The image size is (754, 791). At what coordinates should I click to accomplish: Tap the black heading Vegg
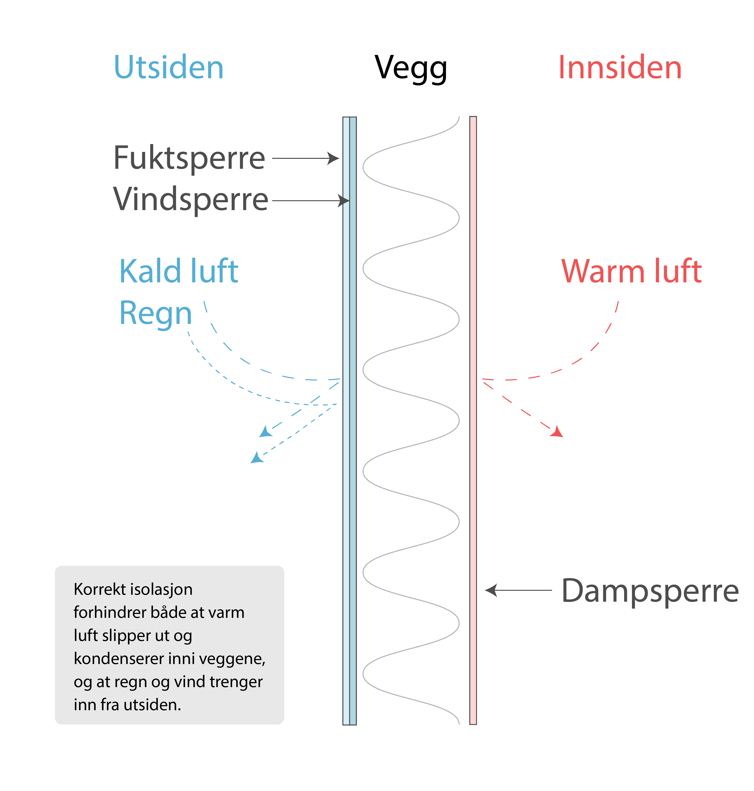click(x=410, y=68)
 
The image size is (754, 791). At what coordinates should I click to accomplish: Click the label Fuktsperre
click(x=189, y=158)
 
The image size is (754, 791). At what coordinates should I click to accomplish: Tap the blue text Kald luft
click(x=179, y=272)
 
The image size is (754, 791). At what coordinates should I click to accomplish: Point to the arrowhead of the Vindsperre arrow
click(x=344, y=200)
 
